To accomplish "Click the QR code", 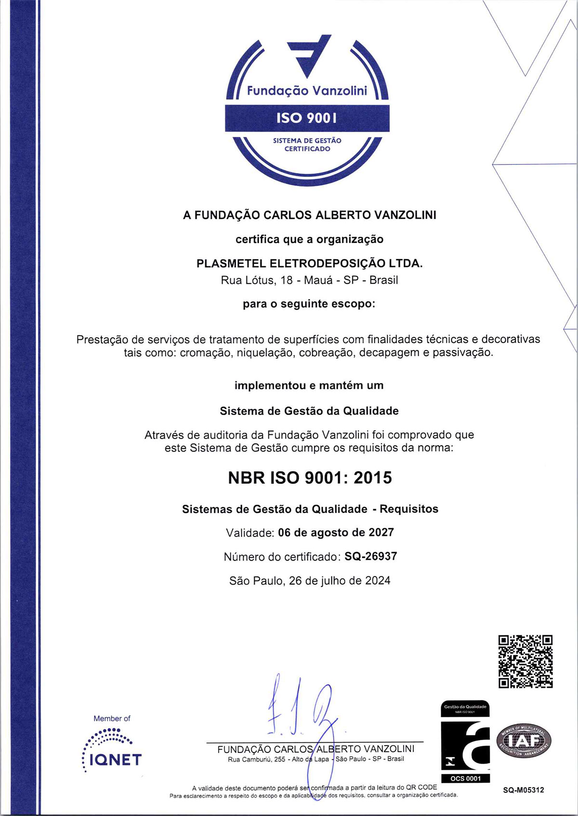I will tap(525, 661).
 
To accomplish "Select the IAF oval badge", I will tap(524, 740).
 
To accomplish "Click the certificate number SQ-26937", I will tap(370, 556).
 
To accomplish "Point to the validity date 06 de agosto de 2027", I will tap(336, 533).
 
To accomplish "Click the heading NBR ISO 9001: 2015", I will tap(310, 478).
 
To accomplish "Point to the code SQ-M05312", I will tap(524, 790).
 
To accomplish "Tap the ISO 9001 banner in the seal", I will tap(307, 118).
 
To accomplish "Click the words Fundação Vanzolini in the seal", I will tap(307, 91).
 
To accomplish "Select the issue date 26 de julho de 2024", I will tap(339, 580).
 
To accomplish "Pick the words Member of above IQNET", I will tap(112, 718).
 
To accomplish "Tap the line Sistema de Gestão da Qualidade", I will tap(309, 411).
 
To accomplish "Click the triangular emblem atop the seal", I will tap(308, 54).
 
